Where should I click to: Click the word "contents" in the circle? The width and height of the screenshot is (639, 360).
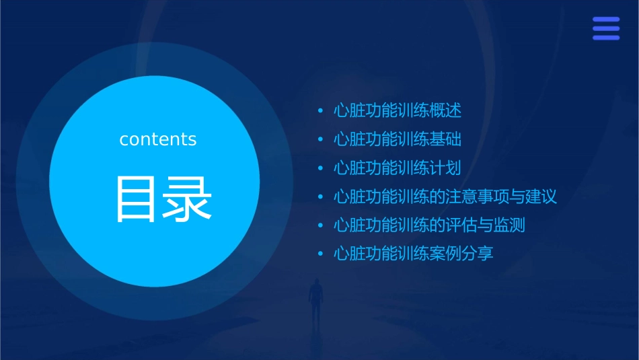pyautogui.click(x=158, y=139)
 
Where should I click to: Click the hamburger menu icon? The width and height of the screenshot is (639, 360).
pyautogui.click(x=605, y=28)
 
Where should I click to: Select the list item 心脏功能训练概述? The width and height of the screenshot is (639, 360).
pyautogui.click(x=398, y=111)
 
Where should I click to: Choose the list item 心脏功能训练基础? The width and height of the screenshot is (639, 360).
pyautogui.click(x=398, y=140)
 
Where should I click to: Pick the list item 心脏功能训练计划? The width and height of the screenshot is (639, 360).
pyautogui.click(x=398, y=168)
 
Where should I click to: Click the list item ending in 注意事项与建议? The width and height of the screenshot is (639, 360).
pyautogui.click(x=445, y=197)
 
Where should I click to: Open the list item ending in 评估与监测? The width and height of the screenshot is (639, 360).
pyautogui.click(x=429, y=225)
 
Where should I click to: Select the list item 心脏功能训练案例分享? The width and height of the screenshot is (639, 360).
pyautogui.click(x=414, y=254)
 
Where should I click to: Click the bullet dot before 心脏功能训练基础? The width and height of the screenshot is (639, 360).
pyautogui.click(x=321, y=140)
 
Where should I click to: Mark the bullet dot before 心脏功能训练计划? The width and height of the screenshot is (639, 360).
pyautogui.click(x=321, y=169)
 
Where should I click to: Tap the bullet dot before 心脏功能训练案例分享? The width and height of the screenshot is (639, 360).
pyautogui.click(x=321, y=254)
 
